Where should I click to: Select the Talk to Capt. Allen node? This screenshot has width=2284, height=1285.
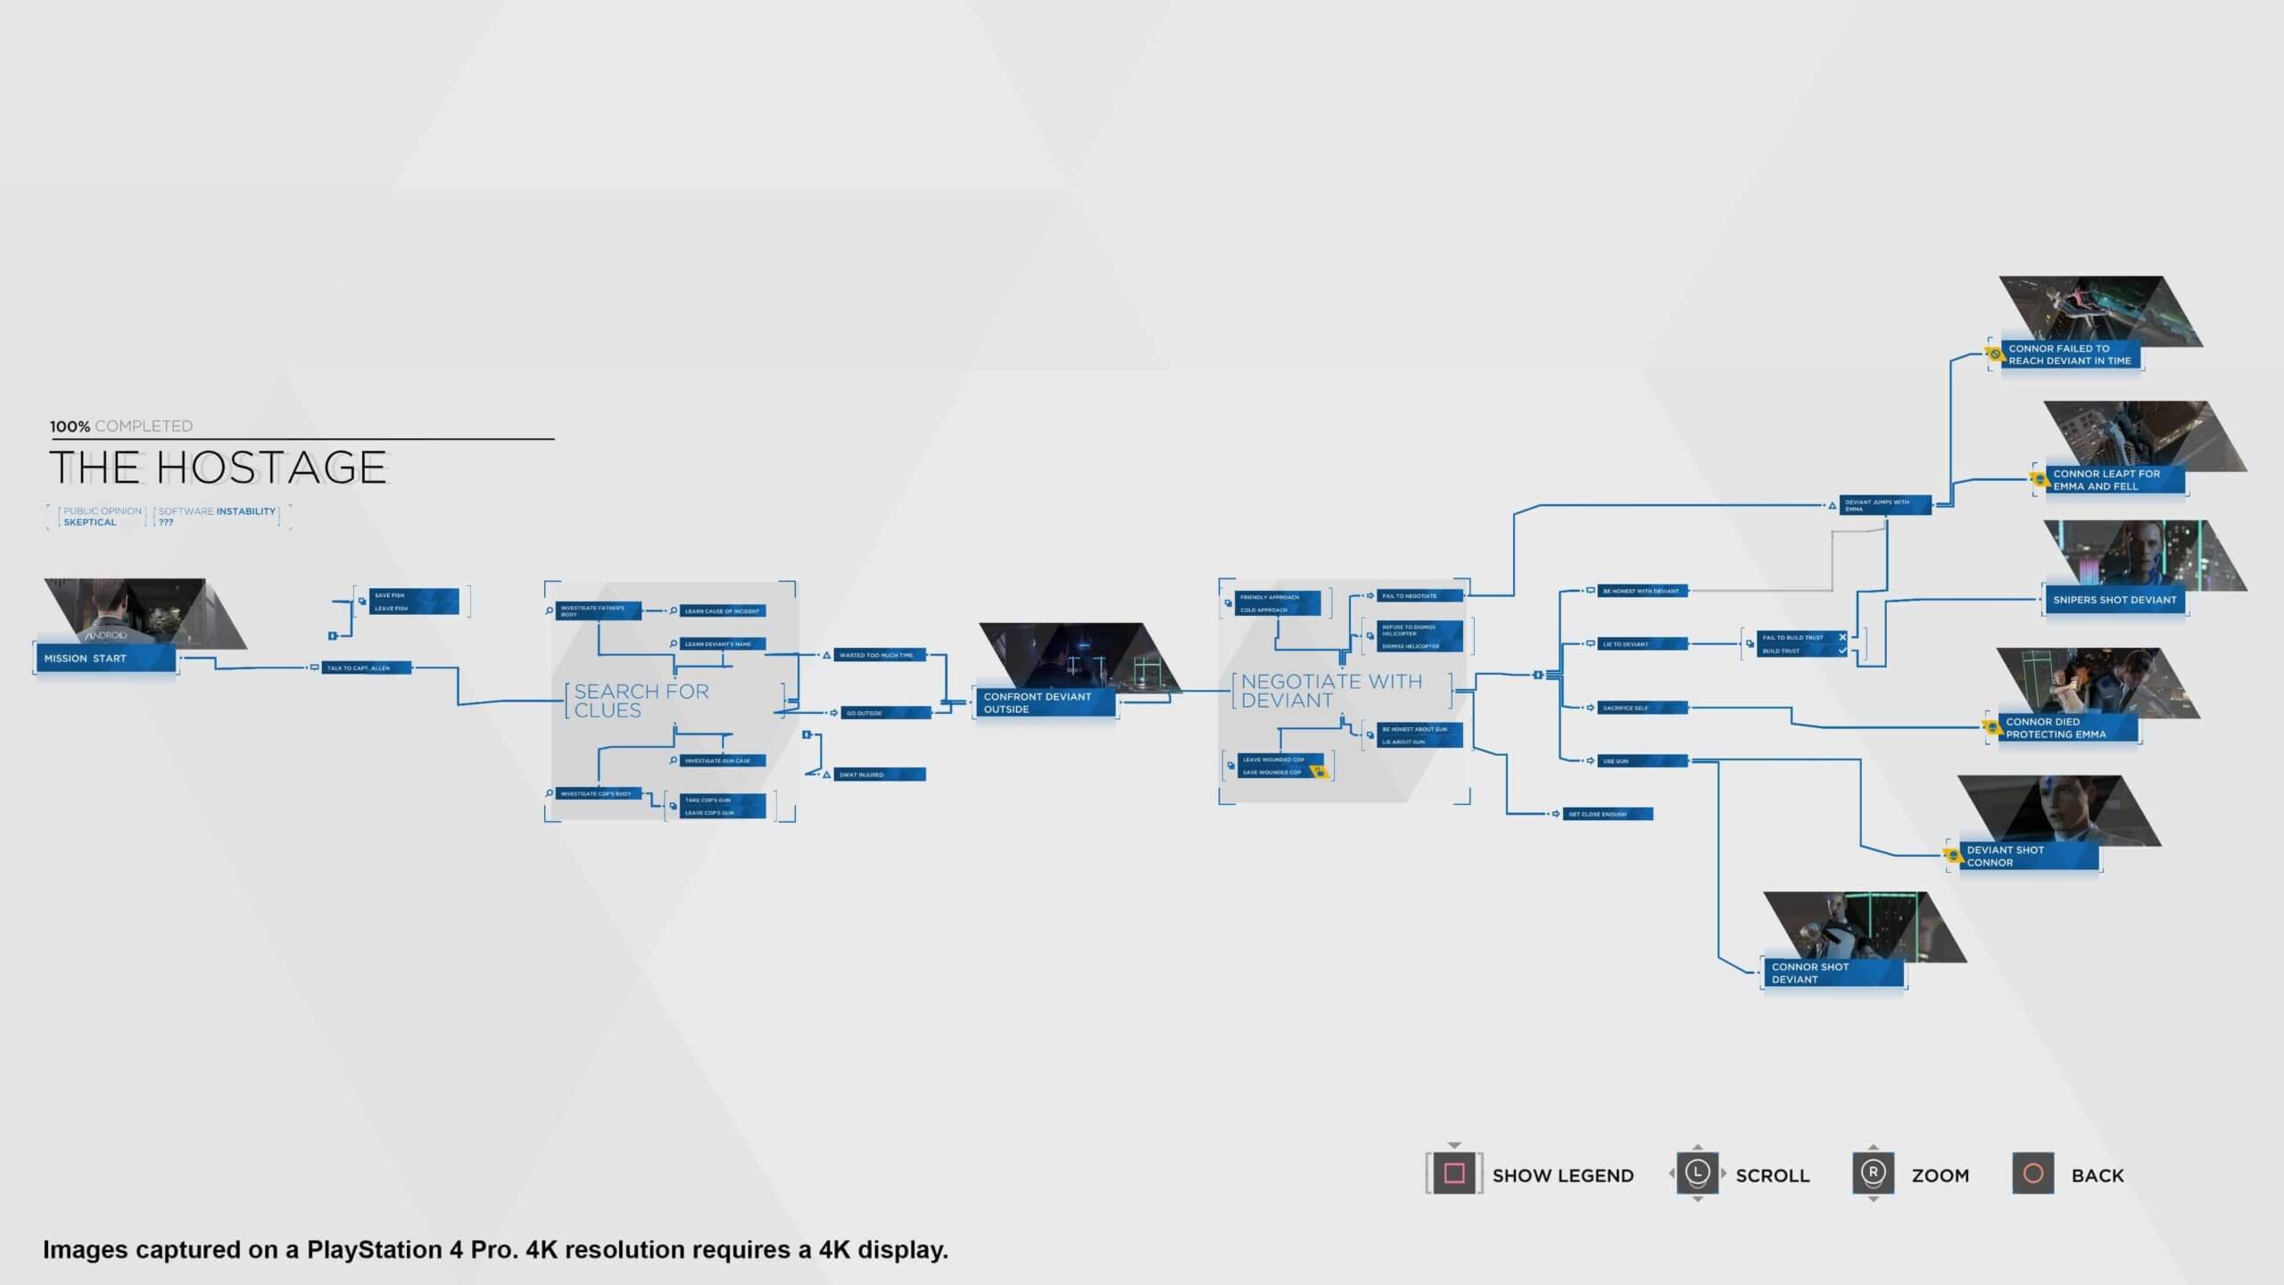point(366,667)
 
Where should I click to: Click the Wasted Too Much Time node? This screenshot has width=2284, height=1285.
point(880,655)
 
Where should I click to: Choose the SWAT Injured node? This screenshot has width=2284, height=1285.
point(880,775)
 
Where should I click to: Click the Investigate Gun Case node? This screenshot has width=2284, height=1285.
point(722,761)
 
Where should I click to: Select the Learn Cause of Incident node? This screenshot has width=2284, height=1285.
point(722,611)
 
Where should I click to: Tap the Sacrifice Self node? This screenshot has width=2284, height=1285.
point(1642,708)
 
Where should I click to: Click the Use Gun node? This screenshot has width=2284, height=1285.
point(1642,761)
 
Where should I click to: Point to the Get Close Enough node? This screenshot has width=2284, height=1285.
point(1607,814)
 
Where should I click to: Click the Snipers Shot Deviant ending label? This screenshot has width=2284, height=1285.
point(2114,600)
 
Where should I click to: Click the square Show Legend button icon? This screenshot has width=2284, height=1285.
point(1454,1173)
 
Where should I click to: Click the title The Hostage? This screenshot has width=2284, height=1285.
point(219,468)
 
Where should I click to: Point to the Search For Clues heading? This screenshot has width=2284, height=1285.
point(641,701)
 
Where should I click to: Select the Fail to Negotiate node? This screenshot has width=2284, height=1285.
point(1419,595)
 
